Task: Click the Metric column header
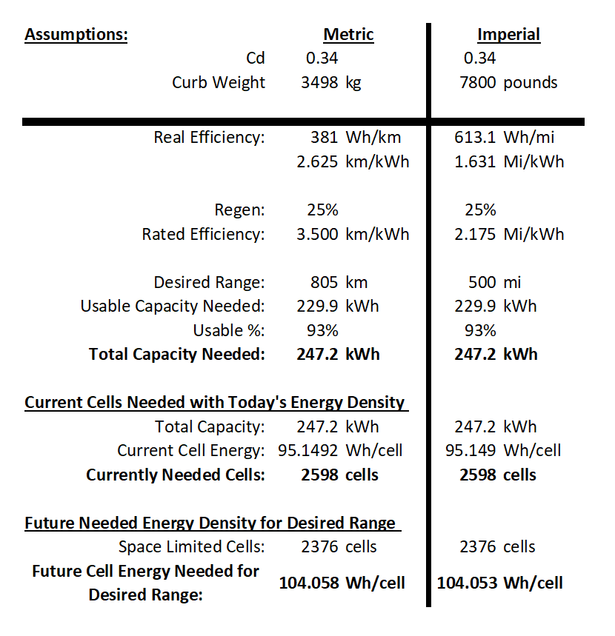[x=348, y=35]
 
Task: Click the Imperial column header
[x=508, y=35]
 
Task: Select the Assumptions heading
[x=76, y=35]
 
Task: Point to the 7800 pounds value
[x=508, y=83]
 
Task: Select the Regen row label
[x=239, y=210]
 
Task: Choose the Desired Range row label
[x=209, y=283]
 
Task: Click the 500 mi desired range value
[x=494, y=282]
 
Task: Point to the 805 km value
[x=339, y=282]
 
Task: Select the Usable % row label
[x=229, y=330]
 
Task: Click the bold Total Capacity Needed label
[x=177, y=355]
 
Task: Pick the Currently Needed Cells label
[x=176, y=475]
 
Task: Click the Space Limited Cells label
[x=192, y=546]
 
